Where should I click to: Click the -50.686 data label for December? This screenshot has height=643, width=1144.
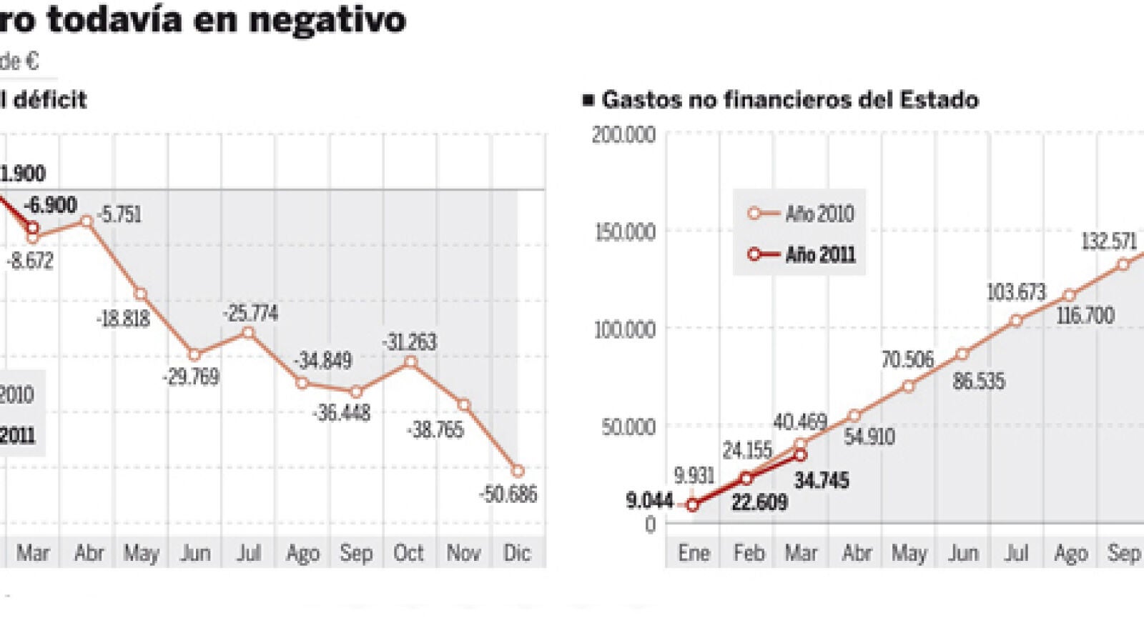(x=508, y=494)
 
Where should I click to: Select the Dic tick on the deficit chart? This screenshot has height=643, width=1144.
(x=517, y=553)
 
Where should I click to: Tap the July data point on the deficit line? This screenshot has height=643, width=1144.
(x=248, y=332)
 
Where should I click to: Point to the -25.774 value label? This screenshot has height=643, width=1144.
(x=250, y=313)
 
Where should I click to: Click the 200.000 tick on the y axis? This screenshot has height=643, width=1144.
(x=623, y=134)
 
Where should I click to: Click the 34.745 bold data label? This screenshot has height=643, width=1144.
(x=822, y=480)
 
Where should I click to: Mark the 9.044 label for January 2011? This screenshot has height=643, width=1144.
(x=649, y=500)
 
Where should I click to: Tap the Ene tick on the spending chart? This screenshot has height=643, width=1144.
(x=694, y=553)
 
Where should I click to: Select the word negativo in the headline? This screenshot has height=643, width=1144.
(x=327, y=19)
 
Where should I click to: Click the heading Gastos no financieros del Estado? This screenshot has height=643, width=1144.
(x=789, y=99)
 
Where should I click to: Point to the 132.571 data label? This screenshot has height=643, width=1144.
(x=1108, y=241)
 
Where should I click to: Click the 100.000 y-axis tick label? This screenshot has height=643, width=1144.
(x=624, y=329)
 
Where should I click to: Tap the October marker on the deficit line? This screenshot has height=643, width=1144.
(x=410, y=362)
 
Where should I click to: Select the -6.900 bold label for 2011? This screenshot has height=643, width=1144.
(x=51, y=205)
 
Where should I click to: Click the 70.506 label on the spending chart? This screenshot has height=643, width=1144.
(x=907, y=359)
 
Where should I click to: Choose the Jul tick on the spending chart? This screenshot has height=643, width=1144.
(x=1016, y=553)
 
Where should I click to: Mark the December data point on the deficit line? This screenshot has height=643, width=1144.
(x=518, y=471)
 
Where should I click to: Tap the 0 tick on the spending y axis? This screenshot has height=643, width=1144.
(x=650, y=524)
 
